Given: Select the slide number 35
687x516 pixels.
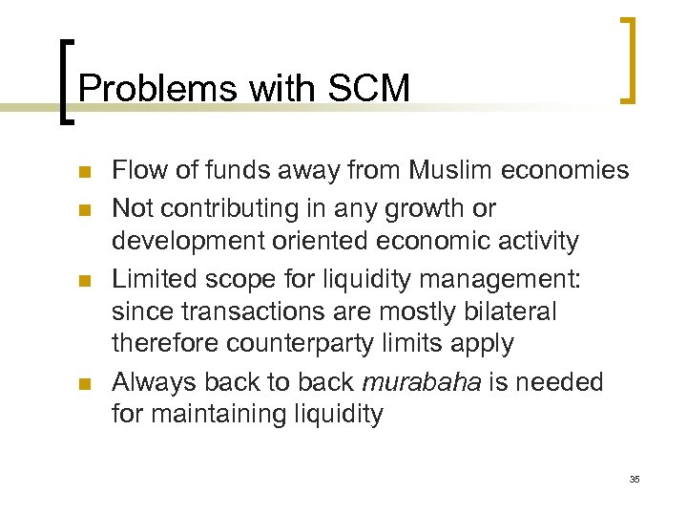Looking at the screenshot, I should tap(635, 478).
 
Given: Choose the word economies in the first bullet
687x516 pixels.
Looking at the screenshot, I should tap(570, 171).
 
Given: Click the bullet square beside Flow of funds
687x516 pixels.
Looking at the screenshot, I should tap(83, 173).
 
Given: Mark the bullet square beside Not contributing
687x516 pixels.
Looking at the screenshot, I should tap(83, 208).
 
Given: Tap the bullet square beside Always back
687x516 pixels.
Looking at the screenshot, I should tap(83, 384).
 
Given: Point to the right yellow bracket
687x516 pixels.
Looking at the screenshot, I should tap(629, 59).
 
